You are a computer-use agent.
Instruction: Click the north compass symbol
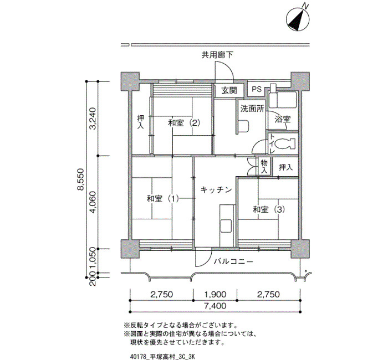298,19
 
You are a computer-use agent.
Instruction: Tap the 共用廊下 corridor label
217,55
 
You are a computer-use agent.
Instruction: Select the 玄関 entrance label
229,90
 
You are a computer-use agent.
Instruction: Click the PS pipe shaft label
257,89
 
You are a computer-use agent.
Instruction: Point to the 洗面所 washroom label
252,109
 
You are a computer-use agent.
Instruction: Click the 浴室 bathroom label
283,120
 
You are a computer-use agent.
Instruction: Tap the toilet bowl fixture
285,143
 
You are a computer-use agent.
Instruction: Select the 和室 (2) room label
184,122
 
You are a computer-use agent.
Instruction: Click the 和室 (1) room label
162,198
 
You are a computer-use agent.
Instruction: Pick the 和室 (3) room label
269,210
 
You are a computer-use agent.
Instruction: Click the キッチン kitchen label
216,190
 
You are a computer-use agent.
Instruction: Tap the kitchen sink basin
226,225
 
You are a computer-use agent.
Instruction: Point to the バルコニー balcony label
233,261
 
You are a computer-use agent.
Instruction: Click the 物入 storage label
264,166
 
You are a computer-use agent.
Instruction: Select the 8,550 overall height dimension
80,179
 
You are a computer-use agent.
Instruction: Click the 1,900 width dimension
215,294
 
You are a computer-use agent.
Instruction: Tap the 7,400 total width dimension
215,306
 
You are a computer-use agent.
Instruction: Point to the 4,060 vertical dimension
93,202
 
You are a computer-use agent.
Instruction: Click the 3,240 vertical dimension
93,119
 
